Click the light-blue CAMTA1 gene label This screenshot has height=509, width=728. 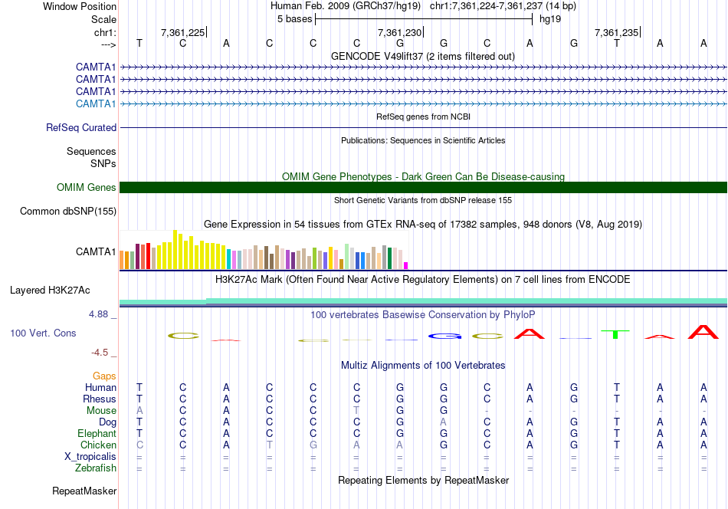tap(96, 103)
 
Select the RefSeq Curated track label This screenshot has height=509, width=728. tap(81, 128)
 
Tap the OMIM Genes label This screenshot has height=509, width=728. tap(87, 188)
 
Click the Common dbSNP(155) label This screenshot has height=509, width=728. tap(68, 212)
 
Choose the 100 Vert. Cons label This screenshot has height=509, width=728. tap(42, 333)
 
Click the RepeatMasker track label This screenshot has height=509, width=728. tap(84, 491)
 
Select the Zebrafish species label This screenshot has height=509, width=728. tap(96, 468)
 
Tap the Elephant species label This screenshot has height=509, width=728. tap(97, 434)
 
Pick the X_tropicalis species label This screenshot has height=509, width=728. tap(91, 456)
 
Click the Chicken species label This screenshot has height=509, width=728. tap(98, 445)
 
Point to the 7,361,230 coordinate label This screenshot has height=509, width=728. tap(399, 33)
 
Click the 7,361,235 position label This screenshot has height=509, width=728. tap(616, 33)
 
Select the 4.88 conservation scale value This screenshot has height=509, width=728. tap(103, 314)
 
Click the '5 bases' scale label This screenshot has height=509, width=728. tap(294, 18)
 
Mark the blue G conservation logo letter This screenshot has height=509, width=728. tap(444, 336)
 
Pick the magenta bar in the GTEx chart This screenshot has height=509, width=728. tap(405, 265)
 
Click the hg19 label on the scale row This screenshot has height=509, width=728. tap(550, 18)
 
